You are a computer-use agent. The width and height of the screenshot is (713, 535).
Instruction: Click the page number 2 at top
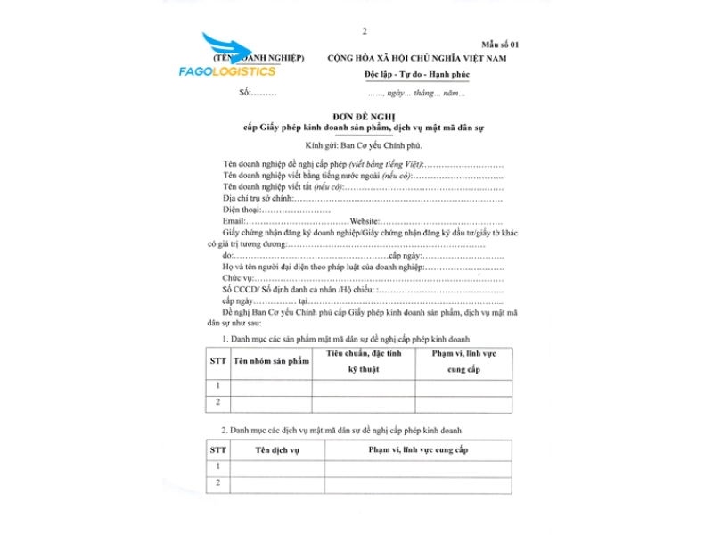365,31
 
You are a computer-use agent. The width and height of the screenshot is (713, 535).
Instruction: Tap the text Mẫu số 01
500,44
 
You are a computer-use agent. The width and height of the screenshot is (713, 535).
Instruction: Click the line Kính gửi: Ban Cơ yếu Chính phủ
362,144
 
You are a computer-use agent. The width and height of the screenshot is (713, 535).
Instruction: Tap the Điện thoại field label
247,210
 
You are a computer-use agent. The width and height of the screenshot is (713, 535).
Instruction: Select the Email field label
234,220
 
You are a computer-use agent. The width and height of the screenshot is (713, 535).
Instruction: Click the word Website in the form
365,220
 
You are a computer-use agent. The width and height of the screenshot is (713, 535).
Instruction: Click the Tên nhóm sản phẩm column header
271,361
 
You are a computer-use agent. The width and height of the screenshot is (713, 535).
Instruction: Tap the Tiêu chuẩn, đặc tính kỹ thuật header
363,361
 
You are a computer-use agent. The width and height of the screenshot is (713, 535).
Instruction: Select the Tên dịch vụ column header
277,449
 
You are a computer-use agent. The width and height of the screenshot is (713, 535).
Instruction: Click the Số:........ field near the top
258,93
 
